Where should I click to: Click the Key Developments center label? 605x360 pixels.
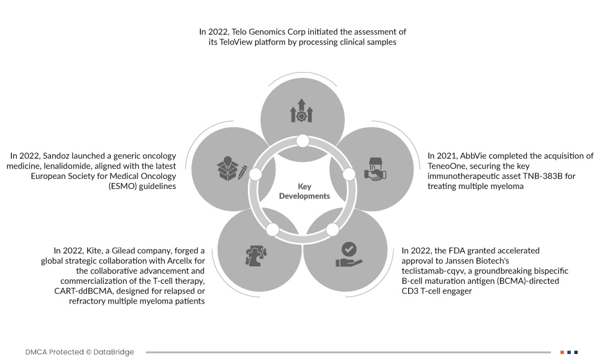tap(304, 191)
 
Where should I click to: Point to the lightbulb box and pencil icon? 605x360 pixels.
tap(232, 170)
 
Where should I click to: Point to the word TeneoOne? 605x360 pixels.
tap(448, 166)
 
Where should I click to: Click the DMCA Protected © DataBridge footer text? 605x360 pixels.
tap(80, 352)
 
